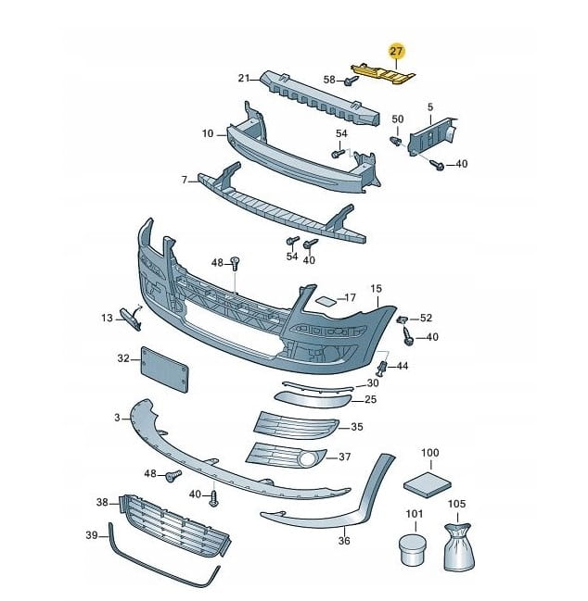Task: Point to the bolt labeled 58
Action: (x=351, y=81)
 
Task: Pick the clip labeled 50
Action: (x=396, y=143)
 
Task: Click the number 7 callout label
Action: (x=185, y=179)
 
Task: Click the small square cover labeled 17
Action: (x=327, y=300)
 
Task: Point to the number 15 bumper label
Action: (x=377, y=289)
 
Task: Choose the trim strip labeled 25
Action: (x=312, y=399)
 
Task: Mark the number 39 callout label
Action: (x=92, y=535)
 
